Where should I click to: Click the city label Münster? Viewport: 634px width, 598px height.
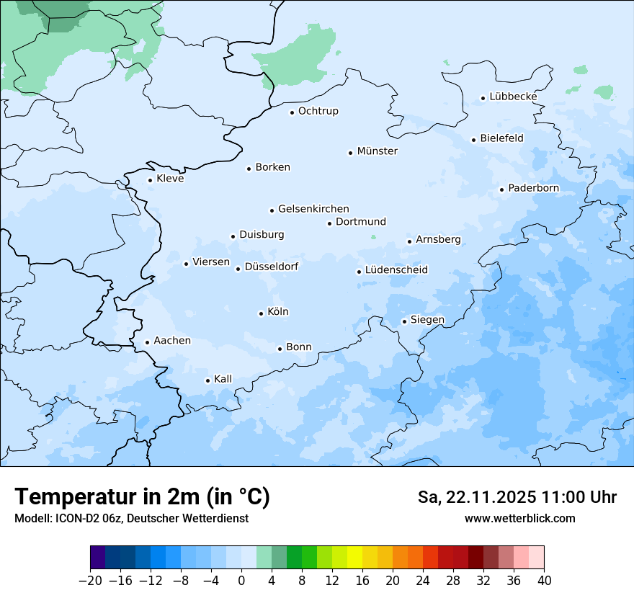point(377,151)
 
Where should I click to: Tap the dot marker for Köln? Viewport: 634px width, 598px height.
point(261,313)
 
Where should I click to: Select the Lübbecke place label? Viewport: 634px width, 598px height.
point(513,97)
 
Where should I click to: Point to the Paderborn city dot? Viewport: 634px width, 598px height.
point(501,189)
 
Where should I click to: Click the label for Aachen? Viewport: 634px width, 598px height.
point(172,341)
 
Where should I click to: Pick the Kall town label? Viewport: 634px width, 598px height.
point(223,379)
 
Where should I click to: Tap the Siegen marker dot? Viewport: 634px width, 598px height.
point(404,322)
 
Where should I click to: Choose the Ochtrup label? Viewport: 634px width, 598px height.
point(318,111)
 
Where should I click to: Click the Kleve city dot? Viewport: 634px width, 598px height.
point(150,181)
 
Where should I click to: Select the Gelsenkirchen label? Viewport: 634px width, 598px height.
point(313,209)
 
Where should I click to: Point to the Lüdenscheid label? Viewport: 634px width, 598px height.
point(396,270)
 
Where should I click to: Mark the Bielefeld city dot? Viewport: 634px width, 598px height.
point(473,140)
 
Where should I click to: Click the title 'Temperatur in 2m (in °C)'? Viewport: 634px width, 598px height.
point(142,497)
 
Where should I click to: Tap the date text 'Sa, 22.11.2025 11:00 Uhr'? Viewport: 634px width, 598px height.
point(517,497)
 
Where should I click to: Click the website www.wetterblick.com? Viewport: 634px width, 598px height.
point(519,518)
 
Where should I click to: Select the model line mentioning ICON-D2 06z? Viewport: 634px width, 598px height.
point(131,518)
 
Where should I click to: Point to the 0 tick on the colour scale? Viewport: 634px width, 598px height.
point(241,581)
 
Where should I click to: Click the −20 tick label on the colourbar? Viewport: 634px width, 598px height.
point(90,581)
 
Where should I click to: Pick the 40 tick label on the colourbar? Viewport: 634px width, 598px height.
point(544,581)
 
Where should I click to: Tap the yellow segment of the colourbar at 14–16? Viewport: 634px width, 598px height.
point(355,558)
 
